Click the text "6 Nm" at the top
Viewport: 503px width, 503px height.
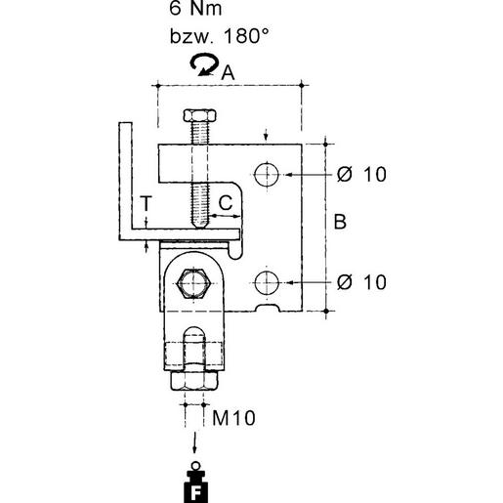point(195,8)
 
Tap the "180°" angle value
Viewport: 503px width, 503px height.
point(246,36)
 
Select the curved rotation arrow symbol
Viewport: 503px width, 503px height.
point(204,64)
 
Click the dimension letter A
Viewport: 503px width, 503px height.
point(228,72)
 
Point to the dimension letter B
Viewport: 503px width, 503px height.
point(340,222)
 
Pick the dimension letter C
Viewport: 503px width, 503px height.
point(226,202)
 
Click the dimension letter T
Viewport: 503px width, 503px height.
point(147,204)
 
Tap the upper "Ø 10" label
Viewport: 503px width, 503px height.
point(361,174)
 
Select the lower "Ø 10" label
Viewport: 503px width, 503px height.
point(361,282)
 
